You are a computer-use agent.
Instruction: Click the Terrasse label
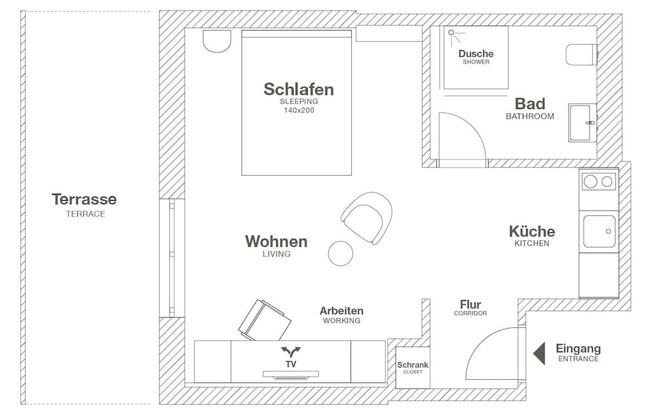tap(84, 199)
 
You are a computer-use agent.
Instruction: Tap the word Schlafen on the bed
tap(298, 89)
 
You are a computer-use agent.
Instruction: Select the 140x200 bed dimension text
tap(299, 110)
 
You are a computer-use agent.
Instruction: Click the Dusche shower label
tap(476, 54)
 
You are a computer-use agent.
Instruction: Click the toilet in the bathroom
tap(582, 54)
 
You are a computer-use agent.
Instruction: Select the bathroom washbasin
tap(582, 123)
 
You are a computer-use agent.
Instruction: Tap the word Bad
tap(530, 104)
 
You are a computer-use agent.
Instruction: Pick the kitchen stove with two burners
tap(599, 182)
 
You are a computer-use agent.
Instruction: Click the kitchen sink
tap(599, 232)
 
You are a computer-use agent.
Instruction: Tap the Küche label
tap(532, 231)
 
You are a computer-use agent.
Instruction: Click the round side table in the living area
tap(341, 253)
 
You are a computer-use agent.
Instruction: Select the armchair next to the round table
tap(367, 217)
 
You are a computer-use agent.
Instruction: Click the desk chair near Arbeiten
tap(265, 320)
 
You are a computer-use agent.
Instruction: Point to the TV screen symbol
tap(291, 375)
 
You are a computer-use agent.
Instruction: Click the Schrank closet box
tap(413, 367)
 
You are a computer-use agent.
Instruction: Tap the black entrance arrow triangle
tap(539, 353)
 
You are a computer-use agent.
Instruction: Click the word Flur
tap(470, 304)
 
